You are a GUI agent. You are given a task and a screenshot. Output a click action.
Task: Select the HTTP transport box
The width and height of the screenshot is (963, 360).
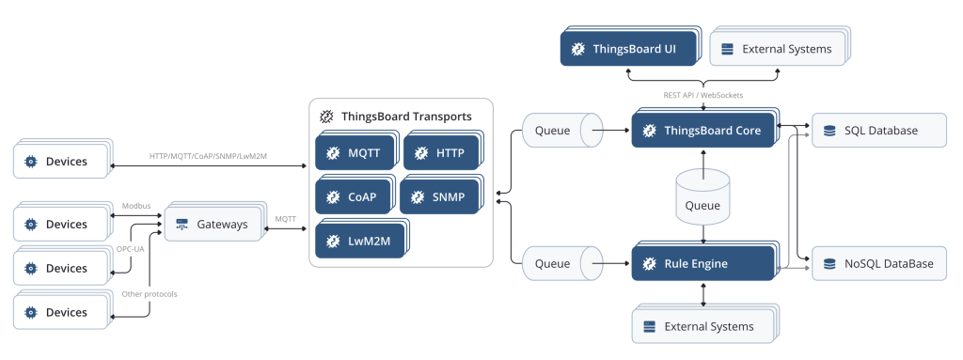pyautogui.click(x=440, y=152)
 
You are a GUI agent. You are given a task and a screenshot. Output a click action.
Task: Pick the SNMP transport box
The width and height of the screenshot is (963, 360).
pyautogui.click(x=438, y=196)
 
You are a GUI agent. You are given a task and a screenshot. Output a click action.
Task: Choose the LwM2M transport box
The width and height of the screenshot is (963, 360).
pyautogui.click(x=360, y=241)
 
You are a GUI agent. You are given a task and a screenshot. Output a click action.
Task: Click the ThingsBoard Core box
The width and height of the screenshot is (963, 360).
pyautogui.click(x=703, y=131)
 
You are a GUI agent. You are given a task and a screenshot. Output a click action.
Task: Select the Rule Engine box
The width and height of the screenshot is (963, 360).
pyautogui.click(x=703, y=263)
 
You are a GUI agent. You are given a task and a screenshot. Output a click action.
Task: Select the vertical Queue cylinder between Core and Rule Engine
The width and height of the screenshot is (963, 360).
pyautogui.click(x=703, y=196)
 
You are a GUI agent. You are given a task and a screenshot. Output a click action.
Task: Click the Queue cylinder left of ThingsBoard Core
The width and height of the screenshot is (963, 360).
pyautogui.click(x=560, y=131)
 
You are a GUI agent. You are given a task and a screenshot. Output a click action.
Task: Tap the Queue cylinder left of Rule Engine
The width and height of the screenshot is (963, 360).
pyautogui.click(x=560, y=263)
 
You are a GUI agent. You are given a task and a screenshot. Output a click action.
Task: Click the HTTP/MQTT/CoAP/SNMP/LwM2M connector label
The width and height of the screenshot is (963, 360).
pyautogui.click(x=209, y=156)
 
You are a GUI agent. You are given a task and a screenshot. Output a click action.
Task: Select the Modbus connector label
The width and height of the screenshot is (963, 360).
pyautogui.click(x=136, y=205)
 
